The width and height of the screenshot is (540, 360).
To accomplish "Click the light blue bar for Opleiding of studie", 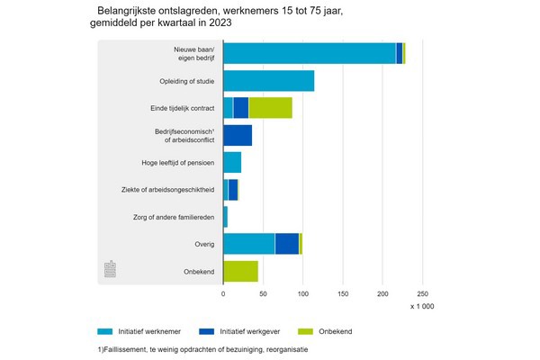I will click(x=268, y=81).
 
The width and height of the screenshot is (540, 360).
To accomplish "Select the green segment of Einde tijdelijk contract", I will click(x=270, y=108).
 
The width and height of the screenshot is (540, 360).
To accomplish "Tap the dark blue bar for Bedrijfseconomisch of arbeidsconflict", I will click(x=238, y=136).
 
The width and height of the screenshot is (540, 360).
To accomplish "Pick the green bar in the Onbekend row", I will click(x=240, y=271).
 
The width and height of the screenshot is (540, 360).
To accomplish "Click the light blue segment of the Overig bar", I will click(x=248, y=244).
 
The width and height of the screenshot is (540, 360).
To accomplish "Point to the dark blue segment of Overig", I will click(x=287, y=244).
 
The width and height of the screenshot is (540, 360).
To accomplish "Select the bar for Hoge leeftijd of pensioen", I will click(x=232, y=163).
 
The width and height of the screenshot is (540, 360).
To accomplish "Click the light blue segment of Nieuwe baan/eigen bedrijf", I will click(x=309, y=54).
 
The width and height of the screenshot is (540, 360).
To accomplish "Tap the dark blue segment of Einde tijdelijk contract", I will click(x=240, y=108).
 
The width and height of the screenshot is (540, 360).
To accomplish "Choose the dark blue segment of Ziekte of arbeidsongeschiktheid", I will click(x=233, y=190).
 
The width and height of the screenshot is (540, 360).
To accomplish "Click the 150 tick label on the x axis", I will click(x=343, y=293).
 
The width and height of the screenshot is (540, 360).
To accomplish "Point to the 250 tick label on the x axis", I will click(x=423, y=293).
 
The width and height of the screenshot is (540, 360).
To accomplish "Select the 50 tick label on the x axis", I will click(x=263, y=293).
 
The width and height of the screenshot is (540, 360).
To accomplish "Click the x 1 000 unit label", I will click(x=422, y=308).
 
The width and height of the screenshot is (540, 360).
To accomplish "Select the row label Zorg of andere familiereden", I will click(x=168, y=217).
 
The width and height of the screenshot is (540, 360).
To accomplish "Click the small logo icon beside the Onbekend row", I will click(x=111, y=269).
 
